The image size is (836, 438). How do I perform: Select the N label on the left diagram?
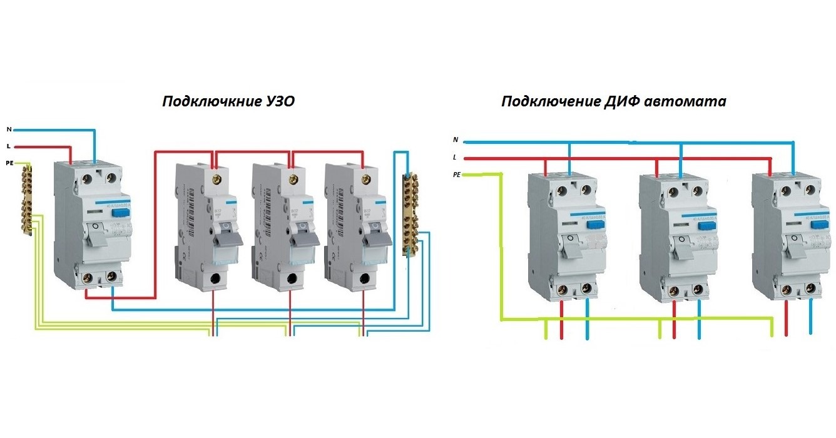pos(9,130)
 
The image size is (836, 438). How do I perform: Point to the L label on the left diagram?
pos(9,146)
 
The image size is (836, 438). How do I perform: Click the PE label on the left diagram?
pos(9,163)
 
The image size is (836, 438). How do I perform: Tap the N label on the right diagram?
pos(456,140)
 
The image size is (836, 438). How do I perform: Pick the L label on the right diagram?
pos(456,157)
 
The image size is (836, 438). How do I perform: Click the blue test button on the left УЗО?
pos(118,213)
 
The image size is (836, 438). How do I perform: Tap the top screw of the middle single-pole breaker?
pos(291,181)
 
